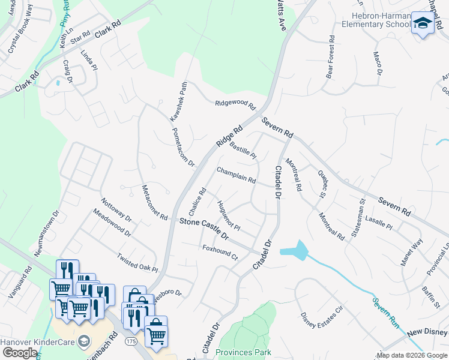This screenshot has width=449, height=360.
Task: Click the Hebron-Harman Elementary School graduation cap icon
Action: [423, 24]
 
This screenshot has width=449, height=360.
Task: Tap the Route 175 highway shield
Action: [130, 341]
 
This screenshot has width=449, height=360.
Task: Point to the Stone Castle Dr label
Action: [205, 229]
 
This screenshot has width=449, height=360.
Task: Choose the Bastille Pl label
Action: [243, 148]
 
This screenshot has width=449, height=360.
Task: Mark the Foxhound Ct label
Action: [220, 253]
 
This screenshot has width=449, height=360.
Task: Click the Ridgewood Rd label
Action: [235, 104]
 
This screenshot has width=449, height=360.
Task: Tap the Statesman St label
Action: [361, 218]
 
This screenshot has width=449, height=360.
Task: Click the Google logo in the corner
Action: [20, 353]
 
